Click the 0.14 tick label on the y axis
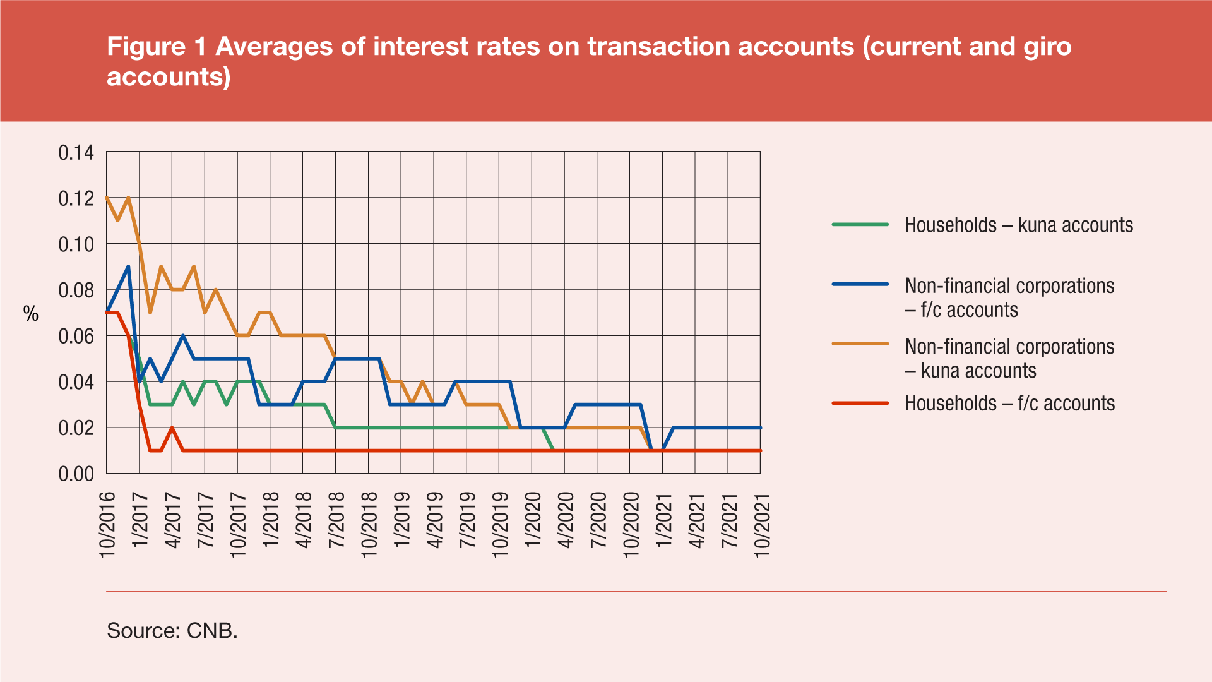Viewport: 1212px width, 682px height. point(76,153)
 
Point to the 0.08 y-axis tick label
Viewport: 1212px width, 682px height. point(76,290)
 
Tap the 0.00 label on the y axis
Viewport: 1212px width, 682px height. point(76,474)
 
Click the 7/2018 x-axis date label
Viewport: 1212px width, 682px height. point(336,520)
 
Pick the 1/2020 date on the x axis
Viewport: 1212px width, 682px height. point(533,520)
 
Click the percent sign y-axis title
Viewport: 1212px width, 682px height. point(31,314)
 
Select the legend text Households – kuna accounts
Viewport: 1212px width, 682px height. point(1019,225)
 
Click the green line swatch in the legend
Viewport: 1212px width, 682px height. point(860,224)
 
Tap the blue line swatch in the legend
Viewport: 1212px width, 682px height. point(860,285)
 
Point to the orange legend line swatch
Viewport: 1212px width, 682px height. point(860,344)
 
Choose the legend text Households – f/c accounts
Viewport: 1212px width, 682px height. point(1010,404)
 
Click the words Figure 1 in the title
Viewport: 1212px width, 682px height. point(157,47)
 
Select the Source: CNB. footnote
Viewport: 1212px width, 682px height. point(172,630)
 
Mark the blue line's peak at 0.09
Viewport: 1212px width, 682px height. point(129,266)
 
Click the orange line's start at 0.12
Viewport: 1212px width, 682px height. point(107,198)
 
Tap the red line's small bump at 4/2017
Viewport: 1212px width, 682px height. point(172,428)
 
